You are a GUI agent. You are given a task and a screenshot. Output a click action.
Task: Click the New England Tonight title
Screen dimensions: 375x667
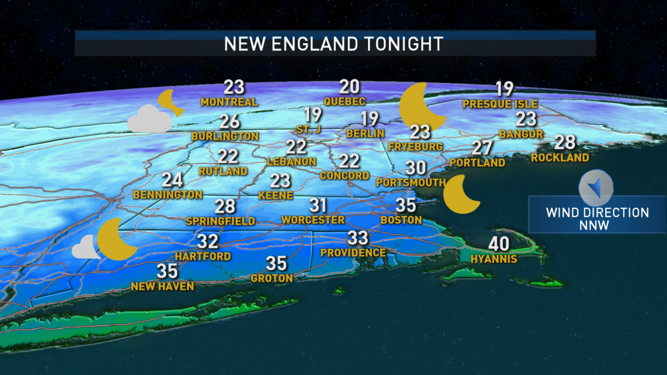pos(333,44)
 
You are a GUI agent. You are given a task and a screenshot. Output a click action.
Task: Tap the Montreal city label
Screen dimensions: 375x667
pos(229,102)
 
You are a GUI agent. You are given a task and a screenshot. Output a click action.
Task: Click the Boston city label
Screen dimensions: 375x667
pos(401,220)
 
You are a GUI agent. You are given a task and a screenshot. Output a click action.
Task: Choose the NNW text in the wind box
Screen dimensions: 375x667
pos(597,225)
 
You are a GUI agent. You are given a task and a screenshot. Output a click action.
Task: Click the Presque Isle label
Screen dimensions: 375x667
pos(500,104)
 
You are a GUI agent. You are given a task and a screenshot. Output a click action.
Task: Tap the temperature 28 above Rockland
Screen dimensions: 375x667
pos(565,142)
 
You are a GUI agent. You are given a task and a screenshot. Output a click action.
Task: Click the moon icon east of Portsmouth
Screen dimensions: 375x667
pos(461,194)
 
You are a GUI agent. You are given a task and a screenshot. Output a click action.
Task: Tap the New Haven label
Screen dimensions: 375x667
pos(162,287)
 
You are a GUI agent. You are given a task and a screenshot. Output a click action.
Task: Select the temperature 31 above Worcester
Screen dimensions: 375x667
pos(318,206)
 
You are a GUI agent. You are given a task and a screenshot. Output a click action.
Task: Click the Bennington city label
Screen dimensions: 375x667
pos(167,195)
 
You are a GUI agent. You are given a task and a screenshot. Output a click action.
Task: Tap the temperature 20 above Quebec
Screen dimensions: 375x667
pos(350,87)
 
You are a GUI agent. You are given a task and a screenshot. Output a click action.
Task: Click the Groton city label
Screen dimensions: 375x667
pos(272,278)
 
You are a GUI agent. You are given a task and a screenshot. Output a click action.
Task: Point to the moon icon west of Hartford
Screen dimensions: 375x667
pos(117,239)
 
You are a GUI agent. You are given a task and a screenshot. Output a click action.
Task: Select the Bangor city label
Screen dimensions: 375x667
pos(521,134)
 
